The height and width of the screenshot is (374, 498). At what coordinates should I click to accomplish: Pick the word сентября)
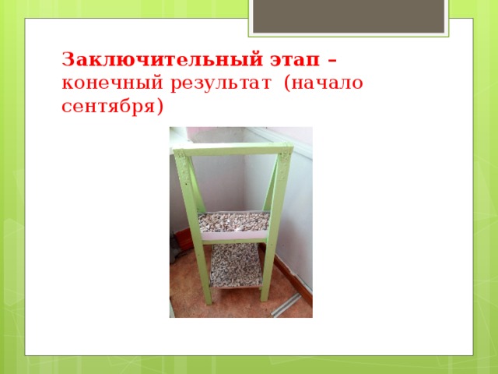[113, 105]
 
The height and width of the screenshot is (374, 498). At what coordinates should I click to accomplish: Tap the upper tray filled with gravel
[233, 221]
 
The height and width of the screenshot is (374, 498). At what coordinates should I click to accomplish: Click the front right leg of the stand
[273, 234]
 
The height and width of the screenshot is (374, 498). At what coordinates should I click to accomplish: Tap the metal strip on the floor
[283, 305]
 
